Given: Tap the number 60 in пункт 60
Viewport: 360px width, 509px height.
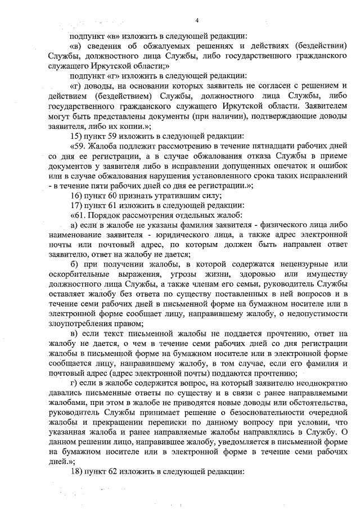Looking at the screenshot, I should [112, 195].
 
